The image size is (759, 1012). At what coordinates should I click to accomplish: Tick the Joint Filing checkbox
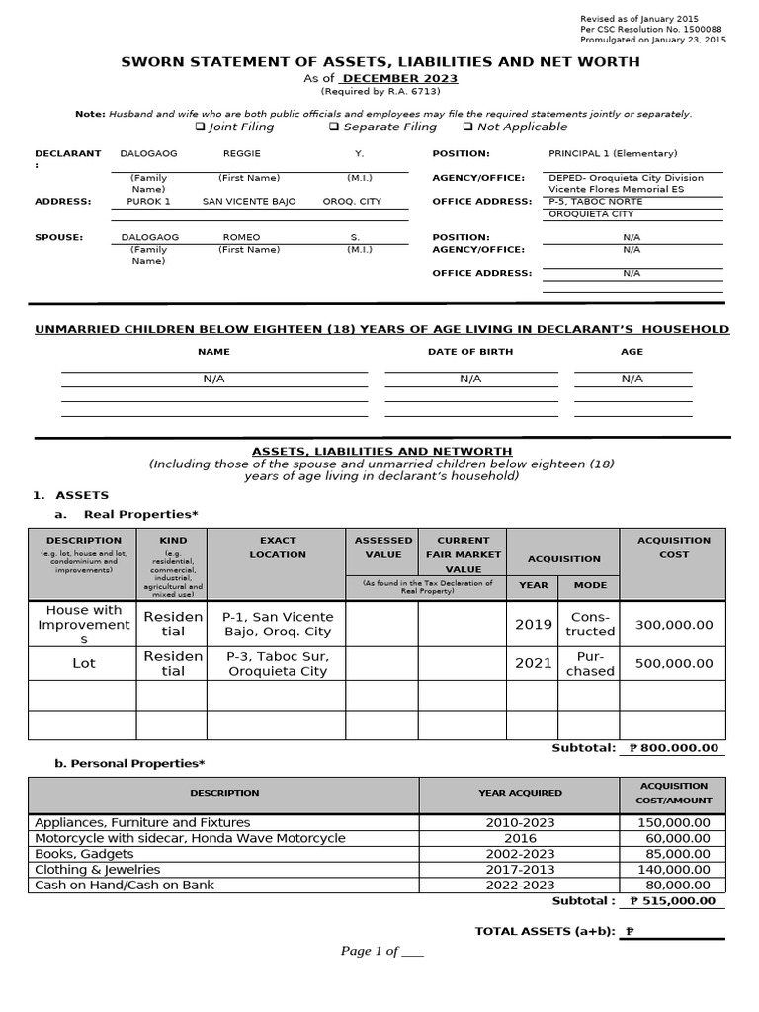pos(200,126)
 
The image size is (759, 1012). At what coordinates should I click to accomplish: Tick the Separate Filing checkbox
pos(334,126)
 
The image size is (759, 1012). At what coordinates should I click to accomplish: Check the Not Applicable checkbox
pos(467,126)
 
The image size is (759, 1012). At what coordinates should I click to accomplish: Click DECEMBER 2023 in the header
pos(400,78)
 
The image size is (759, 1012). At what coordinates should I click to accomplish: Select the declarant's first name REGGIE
pos(242,154)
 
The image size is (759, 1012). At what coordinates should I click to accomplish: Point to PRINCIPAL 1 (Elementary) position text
pos(613,154)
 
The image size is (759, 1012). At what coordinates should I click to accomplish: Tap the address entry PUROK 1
pos(149,202)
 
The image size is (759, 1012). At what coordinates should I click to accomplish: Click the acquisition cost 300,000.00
pos(673,625)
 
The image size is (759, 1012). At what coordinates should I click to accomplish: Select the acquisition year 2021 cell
pos(533,663)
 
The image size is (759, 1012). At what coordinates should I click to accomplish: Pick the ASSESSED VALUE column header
pos(383,548)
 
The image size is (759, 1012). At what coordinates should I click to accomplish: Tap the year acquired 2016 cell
pos(520,838)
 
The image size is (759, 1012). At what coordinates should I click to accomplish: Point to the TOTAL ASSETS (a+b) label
pos(545,931)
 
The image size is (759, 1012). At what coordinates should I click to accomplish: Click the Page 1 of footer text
pos(381,951)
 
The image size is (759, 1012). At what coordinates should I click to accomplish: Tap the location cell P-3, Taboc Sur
pos(278,663)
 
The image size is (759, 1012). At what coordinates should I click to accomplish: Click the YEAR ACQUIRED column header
pos(520,793)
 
